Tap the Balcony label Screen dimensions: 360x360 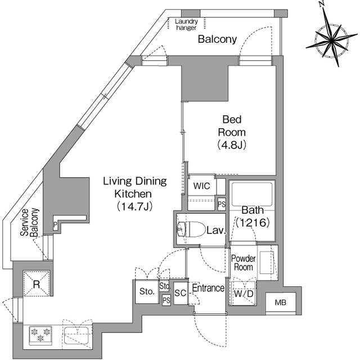(x=217, y=39)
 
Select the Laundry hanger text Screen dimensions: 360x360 (x=186, y=25)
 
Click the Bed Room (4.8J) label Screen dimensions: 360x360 (x=232, y=132)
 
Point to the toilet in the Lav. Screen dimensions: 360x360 (x=191, y=229)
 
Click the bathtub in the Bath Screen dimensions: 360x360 (x=252, y=194)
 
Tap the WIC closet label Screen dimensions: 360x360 (x=201, y=186)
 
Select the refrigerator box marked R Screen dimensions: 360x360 (x=37, y=283)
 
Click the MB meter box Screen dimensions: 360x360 (x=281, y=303)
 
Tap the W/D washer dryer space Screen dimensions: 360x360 (x=244, y=293)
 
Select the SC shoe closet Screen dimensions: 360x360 (x=181, y=293)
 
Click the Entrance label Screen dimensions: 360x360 (x=208, y=288)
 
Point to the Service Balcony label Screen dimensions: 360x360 (x=29, y=222)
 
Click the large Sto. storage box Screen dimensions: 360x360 (x=147, y=291)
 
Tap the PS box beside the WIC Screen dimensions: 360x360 (x=222, y=204)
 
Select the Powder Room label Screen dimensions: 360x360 (x=244, y=263)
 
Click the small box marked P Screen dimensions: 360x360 (x=55, y=224)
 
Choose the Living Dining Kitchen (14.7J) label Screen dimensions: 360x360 (x=135, y=194)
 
